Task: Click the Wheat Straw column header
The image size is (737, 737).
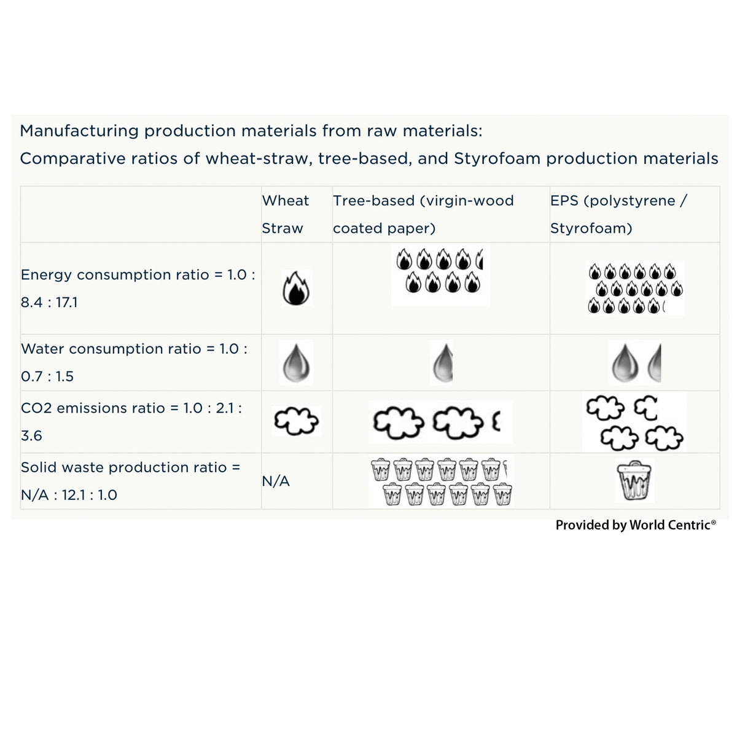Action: click(285, 214)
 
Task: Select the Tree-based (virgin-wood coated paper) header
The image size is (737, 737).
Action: click(423, 214)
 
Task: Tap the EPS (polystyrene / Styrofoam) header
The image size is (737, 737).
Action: click(618, 214)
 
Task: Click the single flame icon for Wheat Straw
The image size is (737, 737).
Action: click(297, 288)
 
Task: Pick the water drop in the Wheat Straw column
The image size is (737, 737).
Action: click(295, 362)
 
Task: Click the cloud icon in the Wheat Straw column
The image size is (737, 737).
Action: click(296, 421)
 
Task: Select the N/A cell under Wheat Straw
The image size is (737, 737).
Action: click(276, 482)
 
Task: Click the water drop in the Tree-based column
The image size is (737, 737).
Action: click(442, 362)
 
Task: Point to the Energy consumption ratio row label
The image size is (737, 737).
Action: click(138, 288)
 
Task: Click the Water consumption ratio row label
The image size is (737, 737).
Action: click(134, 362)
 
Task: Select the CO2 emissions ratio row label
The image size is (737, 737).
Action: click(131, 421)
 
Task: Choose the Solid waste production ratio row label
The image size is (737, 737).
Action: click(130, 481)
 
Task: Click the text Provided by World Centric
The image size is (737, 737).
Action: click(635, 525)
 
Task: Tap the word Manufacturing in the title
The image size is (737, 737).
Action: click(79, 131)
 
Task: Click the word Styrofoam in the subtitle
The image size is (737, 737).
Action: click(497, 158)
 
